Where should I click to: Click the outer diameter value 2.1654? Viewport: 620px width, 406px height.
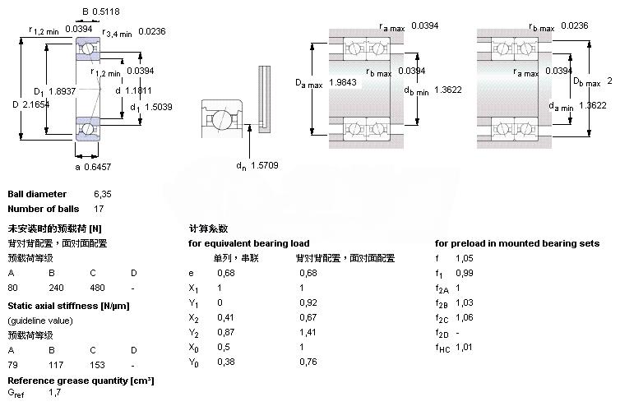pos(39,105)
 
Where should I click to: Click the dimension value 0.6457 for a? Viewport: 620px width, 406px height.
pos(98,168)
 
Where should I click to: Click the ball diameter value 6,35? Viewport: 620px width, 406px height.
pos(102,194)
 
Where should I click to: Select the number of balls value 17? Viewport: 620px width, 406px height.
pos(99,208)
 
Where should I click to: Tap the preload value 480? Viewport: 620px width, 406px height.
pos(97,288)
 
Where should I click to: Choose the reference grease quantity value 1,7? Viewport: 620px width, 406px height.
pos(54,393)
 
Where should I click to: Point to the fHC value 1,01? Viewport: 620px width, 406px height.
pos(464,347)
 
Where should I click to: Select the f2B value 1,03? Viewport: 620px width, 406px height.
pos(464,302)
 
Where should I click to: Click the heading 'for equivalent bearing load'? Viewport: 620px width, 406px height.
pos(248,243)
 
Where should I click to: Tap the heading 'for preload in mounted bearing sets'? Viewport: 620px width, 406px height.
pos(516,243)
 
